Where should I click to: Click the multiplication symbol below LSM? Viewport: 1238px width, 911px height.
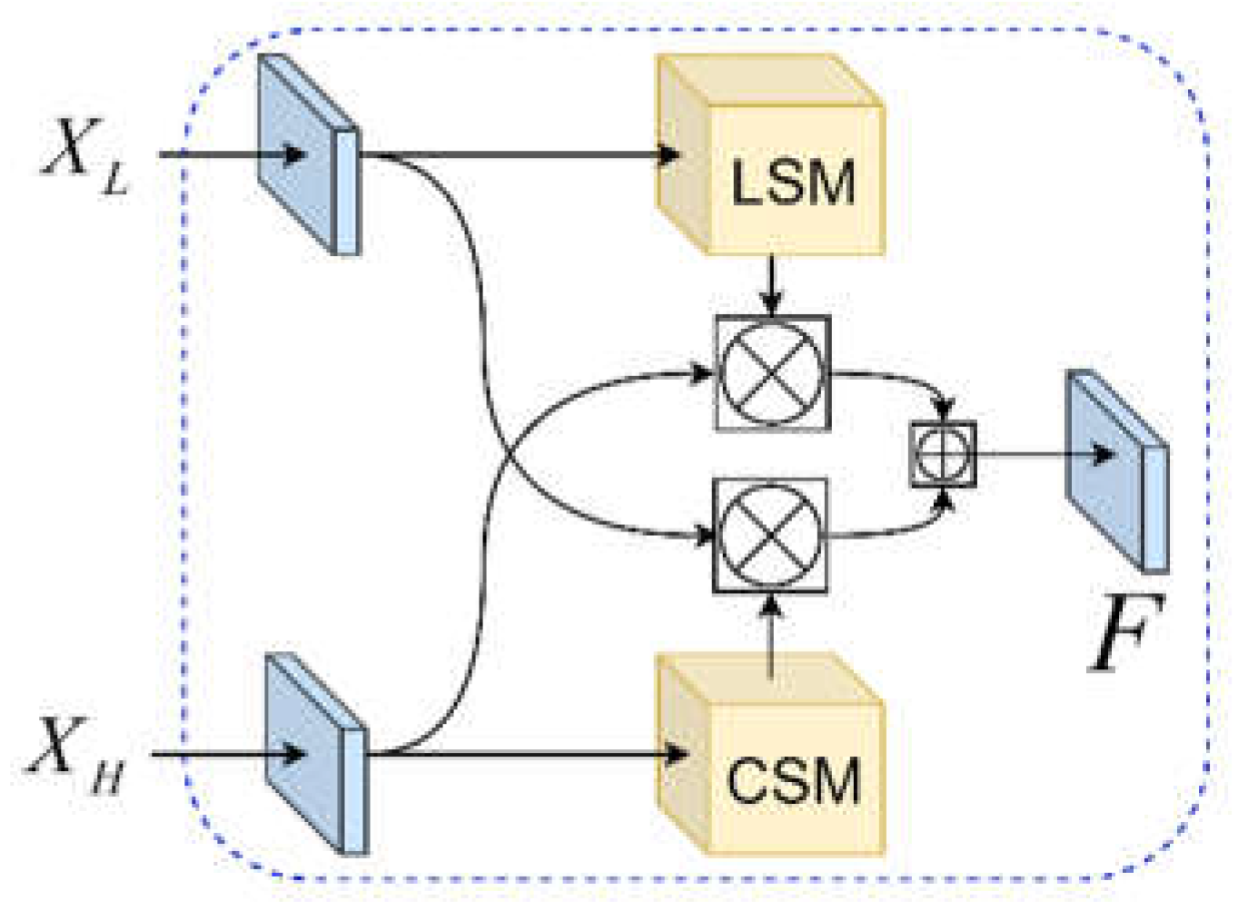coord(772,372)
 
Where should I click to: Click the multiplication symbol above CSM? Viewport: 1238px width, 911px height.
coord(770,535)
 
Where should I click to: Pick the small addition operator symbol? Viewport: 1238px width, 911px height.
coord(943,454)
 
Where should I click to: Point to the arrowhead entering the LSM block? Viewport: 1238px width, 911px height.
coord(670,154)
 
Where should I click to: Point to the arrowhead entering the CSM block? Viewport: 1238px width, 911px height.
coord(674,754)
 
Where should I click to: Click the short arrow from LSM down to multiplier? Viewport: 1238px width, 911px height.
coord(771,286)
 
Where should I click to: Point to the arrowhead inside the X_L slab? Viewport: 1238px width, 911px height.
coord(293,154)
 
